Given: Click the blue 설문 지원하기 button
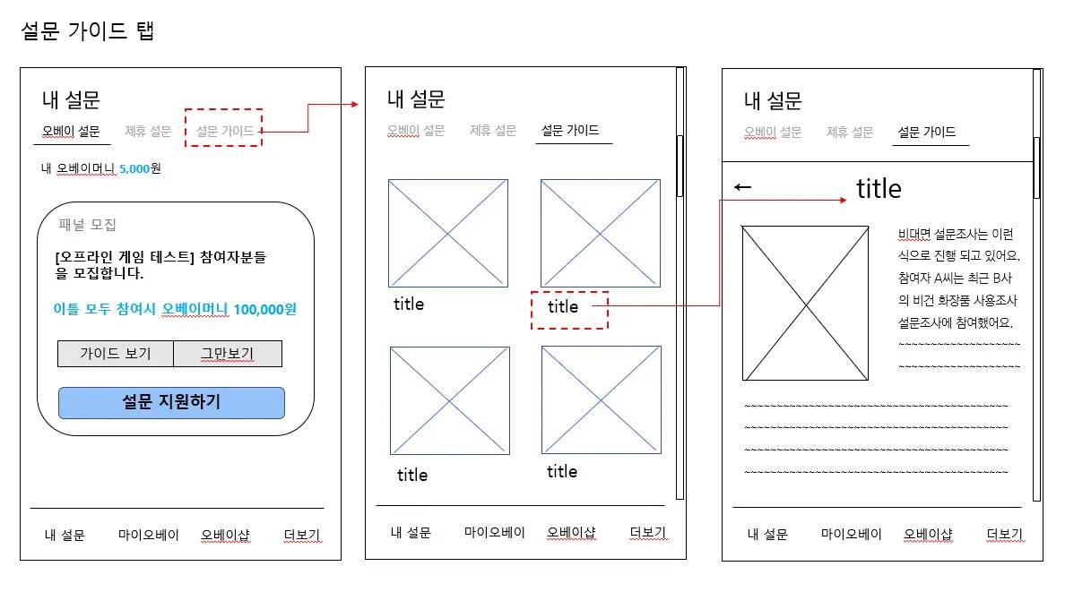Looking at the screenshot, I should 171,403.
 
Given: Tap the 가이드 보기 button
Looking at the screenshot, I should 115,354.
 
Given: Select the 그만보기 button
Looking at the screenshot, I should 228,354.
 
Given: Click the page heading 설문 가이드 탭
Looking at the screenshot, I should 88,32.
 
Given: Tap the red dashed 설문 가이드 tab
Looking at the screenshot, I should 223,132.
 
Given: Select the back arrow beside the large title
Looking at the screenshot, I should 743,187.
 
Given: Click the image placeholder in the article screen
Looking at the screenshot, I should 805,303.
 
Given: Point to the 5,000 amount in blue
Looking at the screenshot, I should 134,167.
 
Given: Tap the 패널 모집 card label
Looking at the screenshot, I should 88,225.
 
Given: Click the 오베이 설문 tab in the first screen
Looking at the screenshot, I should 71,132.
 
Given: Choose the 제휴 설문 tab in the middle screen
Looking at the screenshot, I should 493,131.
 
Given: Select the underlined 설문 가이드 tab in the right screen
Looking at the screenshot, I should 926,132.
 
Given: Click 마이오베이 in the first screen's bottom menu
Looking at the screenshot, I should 149,536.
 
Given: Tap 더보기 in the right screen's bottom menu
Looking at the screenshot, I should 1004,535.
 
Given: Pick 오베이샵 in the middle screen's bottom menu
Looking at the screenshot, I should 572,533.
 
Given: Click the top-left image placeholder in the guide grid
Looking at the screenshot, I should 448,233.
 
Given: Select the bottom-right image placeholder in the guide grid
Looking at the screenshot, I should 602,399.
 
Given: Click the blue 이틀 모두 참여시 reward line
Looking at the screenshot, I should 174,310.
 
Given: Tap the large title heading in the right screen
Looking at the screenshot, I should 879,189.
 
